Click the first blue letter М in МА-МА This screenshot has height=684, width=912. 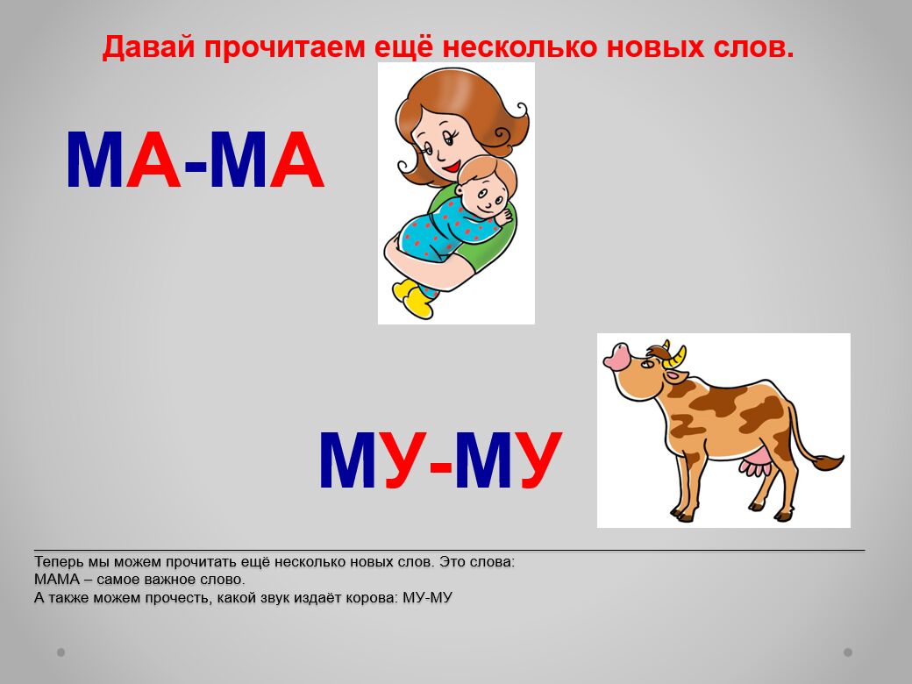(x=95, y=160)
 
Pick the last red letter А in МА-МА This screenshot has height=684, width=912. (x=296, y=160)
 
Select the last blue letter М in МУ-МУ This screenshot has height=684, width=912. (x=483, y=460)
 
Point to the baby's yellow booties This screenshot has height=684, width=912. (x=414, y=298)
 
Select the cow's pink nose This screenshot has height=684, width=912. (x=616, y=355)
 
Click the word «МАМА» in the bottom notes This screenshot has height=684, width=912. (x=57, y=580)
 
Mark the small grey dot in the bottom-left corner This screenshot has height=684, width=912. (x=61, y=652)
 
